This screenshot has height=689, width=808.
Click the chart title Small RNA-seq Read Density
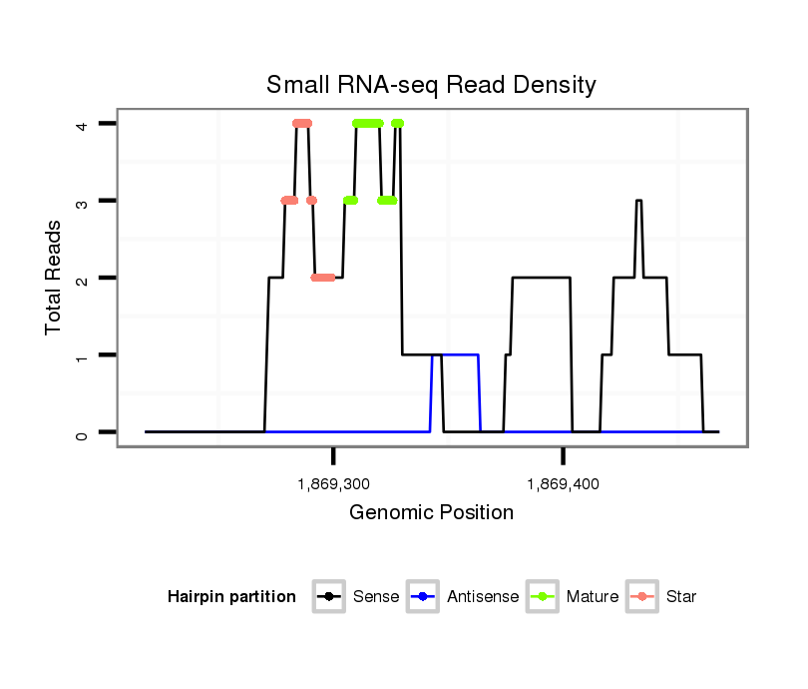(431, 85)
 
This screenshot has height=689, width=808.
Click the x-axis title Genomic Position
(431, 513)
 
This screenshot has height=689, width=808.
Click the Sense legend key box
(329, 597)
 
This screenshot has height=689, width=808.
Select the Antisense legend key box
(423, 597)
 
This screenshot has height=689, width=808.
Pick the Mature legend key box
(543, 597)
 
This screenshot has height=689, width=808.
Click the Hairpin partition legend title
(231, 597)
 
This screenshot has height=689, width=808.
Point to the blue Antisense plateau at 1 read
(455, 354)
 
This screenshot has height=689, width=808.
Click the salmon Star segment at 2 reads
(322, 278)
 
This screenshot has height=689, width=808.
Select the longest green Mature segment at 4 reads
(367, 124)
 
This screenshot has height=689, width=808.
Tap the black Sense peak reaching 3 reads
(638, 202)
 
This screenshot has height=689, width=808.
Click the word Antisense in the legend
(483, 597)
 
